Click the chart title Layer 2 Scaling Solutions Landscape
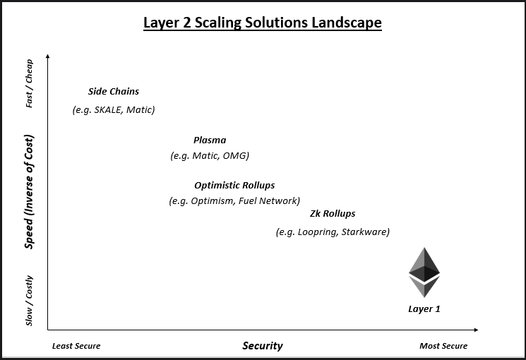[263, 23]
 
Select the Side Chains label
[114, 92]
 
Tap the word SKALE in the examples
[107, 110]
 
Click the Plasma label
[210, 140]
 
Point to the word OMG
[235, 156]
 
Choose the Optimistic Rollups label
[234, 186]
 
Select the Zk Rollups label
[333, 214]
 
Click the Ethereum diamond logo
[424, 272]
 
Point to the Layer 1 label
[424, 309]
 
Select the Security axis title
[263, 346]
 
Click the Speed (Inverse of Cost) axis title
[30, 191]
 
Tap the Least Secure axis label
[76, 346]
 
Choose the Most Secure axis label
[443, 346]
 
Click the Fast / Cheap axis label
[30, 83]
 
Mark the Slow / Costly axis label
[30, 300]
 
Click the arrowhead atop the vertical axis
[47, 55]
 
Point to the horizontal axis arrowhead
[476, 330]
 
